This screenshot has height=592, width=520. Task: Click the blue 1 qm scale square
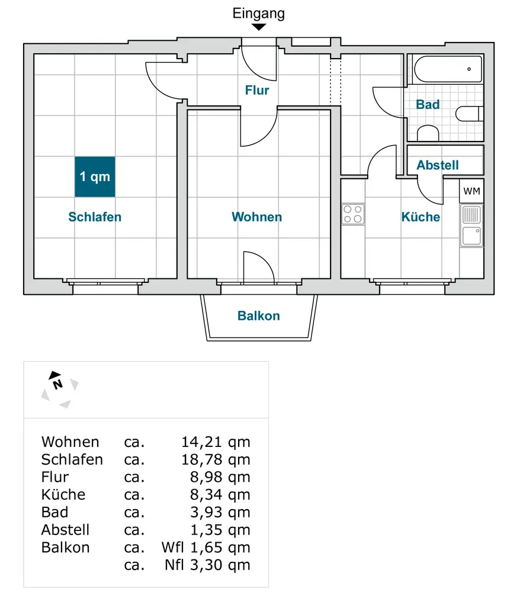coord(95,176)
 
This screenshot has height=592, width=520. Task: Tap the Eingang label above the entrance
coord(258,13)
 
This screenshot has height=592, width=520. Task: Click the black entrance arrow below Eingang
coord(259,27)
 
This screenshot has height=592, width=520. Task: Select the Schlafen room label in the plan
coord(95,217)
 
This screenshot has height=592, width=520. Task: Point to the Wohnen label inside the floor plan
coord(256,217)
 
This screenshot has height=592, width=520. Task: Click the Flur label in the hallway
coord(257,91)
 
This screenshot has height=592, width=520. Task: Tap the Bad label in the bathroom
coord(428,105)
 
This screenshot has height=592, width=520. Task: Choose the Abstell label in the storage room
coord(438,165)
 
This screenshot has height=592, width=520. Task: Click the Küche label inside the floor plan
coord(421,217)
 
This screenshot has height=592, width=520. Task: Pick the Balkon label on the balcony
coord(259,316)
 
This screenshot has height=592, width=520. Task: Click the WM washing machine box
coord(471,191)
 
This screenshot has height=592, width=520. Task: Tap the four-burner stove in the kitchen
coord(353,214)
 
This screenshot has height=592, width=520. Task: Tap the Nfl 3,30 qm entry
coord(207,565)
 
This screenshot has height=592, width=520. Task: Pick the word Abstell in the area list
coord(66,530)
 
